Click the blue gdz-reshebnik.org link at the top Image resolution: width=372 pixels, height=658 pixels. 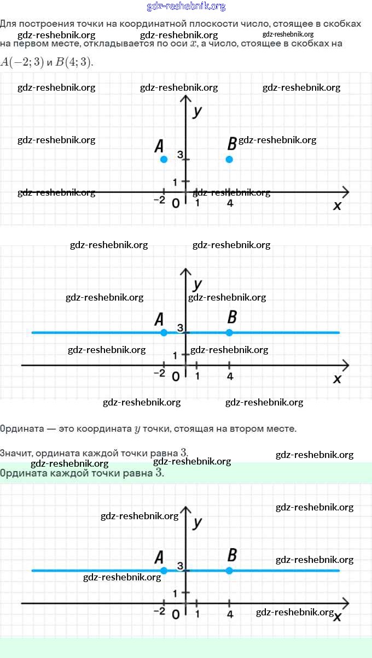click(x=186, y=7)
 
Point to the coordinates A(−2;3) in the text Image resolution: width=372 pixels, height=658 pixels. click(x=22, y=61)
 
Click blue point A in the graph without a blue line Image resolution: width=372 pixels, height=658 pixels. click(x=164, y=159)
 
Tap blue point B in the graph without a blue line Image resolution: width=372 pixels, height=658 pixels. click(x=229, y=159)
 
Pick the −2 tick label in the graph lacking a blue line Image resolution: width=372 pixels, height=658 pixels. click(x=159, y=201)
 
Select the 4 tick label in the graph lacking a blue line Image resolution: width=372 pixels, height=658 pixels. click(x=230, y=203)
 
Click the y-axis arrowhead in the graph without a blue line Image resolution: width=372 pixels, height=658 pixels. click(x=186, y=99)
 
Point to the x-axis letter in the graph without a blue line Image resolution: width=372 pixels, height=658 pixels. click(x=337, y=205)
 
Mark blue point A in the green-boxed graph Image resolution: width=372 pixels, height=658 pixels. click(x=164, y=571)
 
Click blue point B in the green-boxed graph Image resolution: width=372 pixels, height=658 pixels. click(x=229, y=571)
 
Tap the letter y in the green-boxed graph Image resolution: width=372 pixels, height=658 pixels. click(x=197, y=522)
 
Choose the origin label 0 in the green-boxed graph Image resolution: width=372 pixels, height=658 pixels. click(x=175, y=615)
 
